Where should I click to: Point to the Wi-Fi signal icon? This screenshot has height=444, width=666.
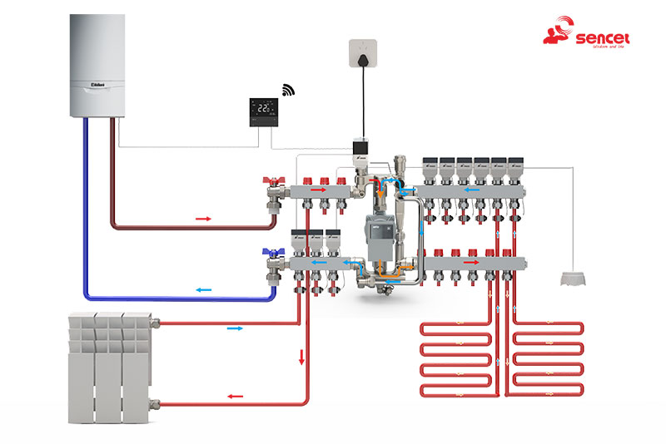coord(288,90)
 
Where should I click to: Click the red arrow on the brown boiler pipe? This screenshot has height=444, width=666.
coord(204,219)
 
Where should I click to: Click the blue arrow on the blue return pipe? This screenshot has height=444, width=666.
coord(203,289)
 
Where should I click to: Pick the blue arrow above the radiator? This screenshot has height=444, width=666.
coord(236,328)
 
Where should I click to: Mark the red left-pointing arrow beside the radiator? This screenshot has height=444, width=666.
coord(236,396)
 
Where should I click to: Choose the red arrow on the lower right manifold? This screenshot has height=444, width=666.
coord(471,262)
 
